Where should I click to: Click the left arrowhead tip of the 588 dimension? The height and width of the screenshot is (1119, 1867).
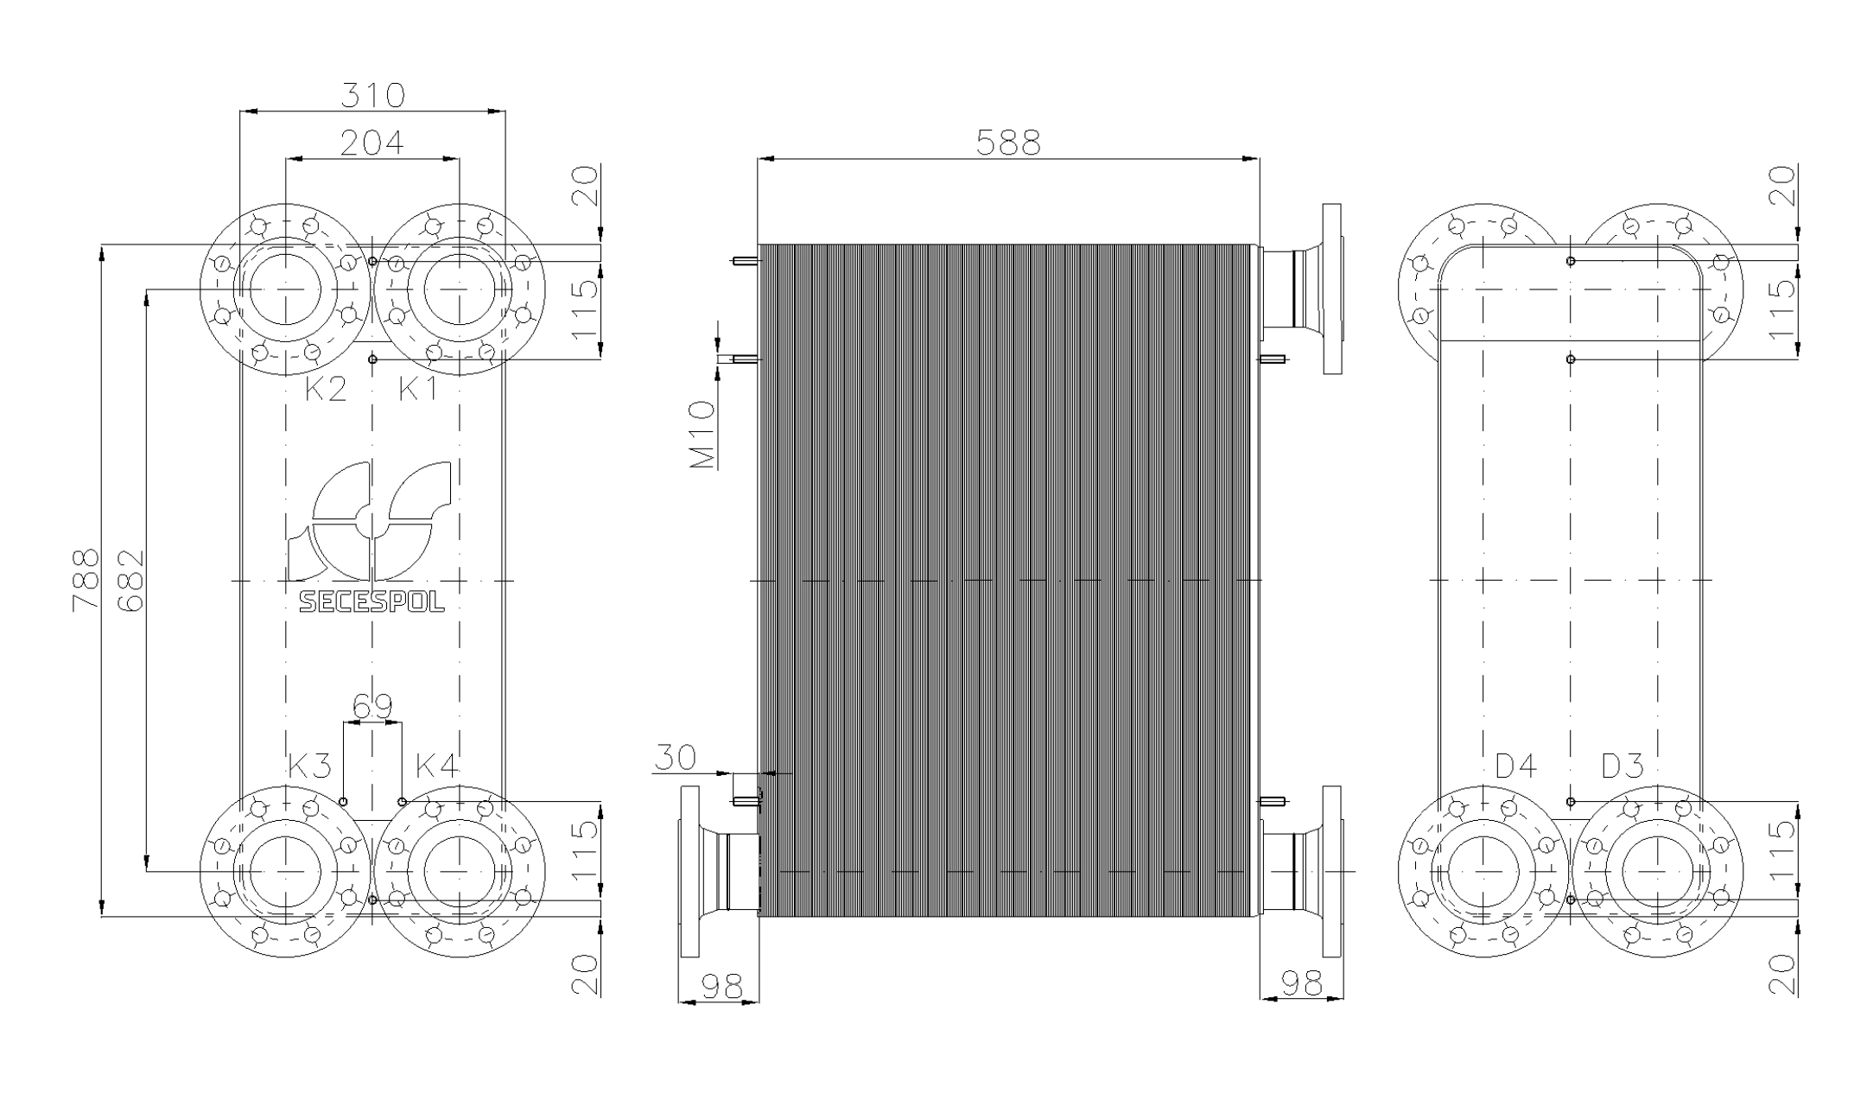pos(758,159)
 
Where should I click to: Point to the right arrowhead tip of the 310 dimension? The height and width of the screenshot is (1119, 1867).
pos(505,111)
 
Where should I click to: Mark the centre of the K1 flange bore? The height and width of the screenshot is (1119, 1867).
pos(459,289)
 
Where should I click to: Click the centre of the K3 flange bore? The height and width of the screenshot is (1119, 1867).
pos(285,871)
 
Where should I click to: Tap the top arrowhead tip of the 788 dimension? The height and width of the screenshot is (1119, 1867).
pos(103,246)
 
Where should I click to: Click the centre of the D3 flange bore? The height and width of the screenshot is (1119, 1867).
pos(1657,871)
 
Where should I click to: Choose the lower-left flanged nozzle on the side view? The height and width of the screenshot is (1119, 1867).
pos(719,871)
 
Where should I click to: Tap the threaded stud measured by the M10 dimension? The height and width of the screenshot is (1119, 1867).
pos(745,359)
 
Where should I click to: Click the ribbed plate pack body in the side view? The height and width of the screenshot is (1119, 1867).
pos(1008,581)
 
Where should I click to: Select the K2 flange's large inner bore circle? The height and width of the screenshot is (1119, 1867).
pos(285,289)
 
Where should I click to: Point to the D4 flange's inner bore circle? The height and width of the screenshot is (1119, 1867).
pos(1483,871)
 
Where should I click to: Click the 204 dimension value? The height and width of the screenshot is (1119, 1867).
pos(371,143)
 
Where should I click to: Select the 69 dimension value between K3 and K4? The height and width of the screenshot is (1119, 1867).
pos(372,706)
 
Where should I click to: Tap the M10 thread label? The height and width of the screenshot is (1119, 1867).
pos(703,435)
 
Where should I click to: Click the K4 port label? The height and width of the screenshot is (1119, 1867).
pos(437,766)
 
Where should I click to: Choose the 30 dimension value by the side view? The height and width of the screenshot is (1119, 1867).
pos(675,758)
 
